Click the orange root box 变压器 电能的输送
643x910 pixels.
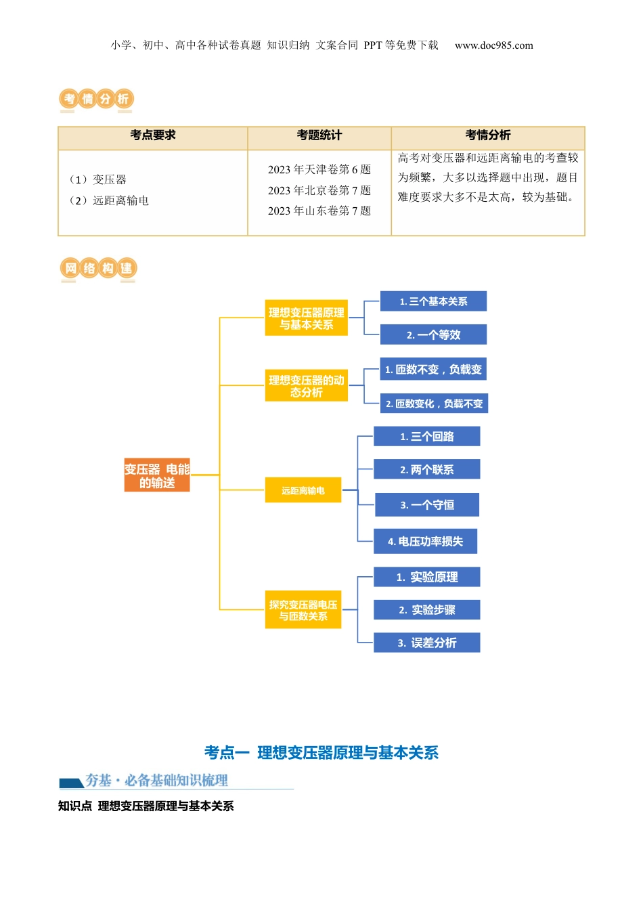[x=157, y=475]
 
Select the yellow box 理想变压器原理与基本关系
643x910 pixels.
[x=306, y=318]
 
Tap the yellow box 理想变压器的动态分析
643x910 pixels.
[x=306, y=386]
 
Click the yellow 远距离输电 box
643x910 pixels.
[x=303, y=490]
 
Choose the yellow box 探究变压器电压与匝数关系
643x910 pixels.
[x=303, y=610]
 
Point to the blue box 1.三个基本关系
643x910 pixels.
[x=433, y=301]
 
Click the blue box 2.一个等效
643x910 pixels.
[x=433, y=334]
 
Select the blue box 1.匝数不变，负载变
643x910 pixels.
[x=433, y=370]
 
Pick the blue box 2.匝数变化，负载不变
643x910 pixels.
[x=434, y=404]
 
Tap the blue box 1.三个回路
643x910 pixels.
[x=426, y=437]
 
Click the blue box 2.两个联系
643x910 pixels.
[x=426, y=469]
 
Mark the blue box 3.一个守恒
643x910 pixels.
[x=426, y=504]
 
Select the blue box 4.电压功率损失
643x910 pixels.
[x=425, y=541]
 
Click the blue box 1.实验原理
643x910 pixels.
[x=426, y=577]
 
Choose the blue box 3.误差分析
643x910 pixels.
[x=426, y=643]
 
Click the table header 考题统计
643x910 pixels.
[x=319, y=135]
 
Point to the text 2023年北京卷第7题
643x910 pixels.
[x=319, y=190]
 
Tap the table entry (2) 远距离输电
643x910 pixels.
[x=109, y=200]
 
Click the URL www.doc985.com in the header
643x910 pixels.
[x=493, y=45]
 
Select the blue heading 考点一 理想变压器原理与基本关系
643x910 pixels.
[x=321, y=752]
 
